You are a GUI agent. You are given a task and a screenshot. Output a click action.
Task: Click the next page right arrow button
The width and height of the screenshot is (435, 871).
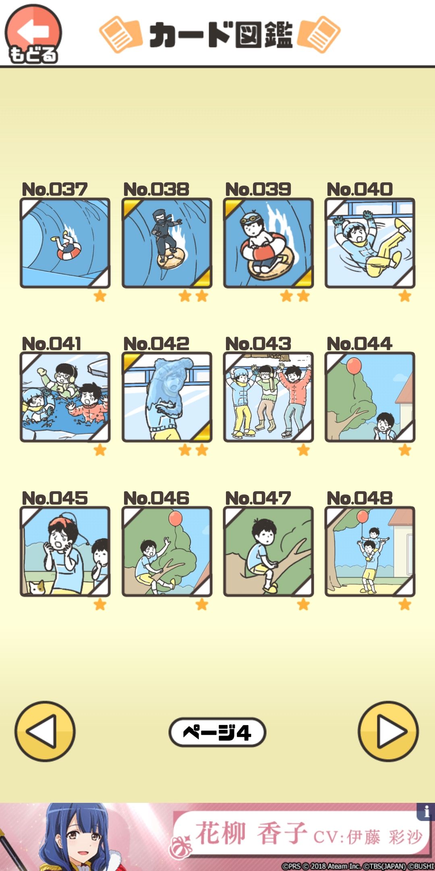(388, 731)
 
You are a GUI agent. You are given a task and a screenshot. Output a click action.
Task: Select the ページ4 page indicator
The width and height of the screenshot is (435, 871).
(217, 732)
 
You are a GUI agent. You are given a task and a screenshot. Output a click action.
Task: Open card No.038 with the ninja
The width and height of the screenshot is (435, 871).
(167, 243)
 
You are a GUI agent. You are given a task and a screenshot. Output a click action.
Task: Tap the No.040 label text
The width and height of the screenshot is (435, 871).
(360, 189)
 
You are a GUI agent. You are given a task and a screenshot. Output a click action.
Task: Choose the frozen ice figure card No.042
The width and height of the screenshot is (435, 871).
(167, 397)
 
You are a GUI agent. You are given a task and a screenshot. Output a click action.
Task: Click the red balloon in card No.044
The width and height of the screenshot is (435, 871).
(354, 366)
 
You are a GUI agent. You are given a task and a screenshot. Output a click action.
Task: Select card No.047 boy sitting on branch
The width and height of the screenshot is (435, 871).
(268, 551)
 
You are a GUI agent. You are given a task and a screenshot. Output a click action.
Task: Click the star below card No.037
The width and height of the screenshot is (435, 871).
(100, 296)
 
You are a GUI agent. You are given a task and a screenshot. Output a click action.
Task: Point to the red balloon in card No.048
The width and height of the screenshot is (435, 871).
(362, 517)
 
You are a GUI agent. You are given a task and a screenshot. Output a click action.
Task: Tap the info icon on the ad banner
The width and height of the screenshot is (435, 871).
(426, 811)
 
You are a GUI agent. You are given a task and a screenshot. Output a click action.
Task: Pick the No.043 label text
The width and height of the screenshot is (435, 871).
(258, 344)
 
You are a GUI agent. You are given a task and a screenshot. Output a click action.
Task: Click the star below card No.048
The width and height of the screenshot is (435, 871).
(405, 604)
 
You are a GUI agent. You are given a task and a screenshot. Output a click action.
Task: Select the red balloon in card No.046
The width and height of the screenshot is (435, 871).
(176, 518)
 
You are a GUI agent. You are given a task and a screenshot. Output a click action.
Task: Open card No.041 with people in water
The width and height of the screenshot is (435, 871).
(65, 397)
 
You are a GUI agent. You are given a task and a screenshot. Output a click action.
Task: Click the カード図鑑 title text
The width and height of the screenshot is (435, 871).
(221, 35)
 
